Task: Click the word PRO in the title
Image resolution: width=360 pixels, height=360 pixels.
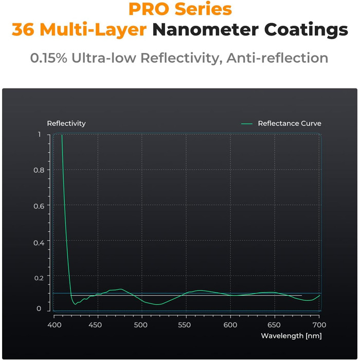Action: pyautogui.click(x=144, y=9)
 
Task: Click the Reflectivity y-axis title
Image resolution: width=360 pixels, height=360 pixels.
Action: pyautogui.click(x=66, y=123)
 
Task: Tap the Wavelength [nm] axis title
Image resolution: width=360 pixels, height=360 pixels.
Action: pyautogui.click(x=291, y=336)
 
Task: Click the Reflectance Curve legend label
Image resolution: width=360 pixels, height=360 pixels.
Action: pyautogui.click(x=290, y=123)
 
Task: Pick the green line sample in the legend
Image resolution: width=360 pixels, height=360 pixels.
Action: pyautogui.click(x=247, y=123)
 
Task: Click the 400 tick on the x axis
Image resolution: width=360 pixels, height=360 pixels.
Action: pyautogui.click(x=55, y=325)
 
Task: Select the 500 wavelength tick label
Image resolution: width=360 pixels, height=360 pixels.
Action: pyautogui.click(x=140, y=325)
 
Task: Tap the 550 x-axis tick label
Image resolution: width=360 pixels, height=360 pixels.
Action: pyautogui.click(x=185, y=325)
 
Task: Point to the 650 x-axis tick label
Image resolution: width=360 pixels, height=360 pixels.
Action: pyautogui.click(x=274, y=325)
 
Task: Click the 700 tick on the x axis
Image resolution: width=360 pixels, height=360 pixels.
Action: pyautogui.click(x=319, y=325)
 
